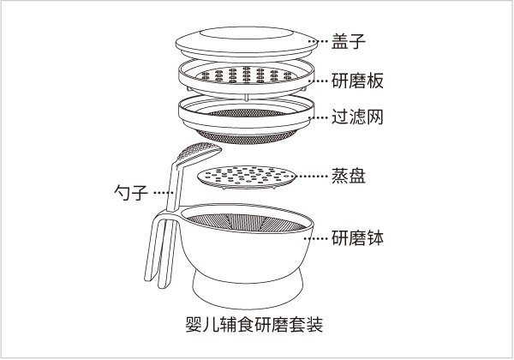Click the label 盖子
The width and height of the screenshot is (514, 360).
pyautogui.click(x=348, y=41)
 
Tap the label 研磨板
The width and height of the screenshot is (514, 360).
pyautogui.click(x=357, y=81)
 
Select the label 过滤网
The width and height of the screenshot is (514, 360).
pyautogui.click(x=357, y=117)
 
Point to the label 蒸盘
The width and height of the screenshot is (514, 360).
pyautogui.click(x=348, y=176)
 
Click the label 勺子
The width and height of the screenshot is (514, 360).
pyautogui.click(x=131, y=192)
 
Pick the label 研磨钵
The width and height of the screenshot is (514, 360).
pyautogui.click(x=357, y=237)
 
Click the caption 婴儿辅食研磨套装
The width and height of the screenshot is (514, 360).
pyautogui.click(x=254, y=324)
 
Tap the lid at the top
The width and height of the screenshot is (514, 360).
pyautogui.click(x=247, y=45)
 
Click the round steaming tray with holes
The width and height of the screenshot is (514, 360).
pyautogui.click(x=247, y=177)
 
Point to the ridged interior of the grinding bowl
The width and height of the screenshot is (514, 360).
pyautogui.click(x=247, y=222)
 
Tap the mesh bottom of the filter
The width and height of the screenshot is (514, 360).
pyautogui.click(x=247, y=137)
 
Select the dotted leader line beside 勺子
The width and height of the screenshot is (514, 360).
pyautogui.click(x=163, y=193)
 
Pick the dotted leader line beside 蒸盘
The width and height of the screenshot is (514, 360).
pyautogui.click(x=312, y=176)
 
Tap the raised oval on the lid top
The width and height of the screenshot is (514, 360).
pyautogui.click(x=246, y=33)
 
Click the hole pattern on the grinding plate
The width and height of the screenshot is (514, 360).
pyautogui.click(x=247, y=75)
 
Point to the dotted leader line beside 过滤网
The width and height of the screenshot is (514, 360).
pyautogui.click(x=319, y=117)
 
